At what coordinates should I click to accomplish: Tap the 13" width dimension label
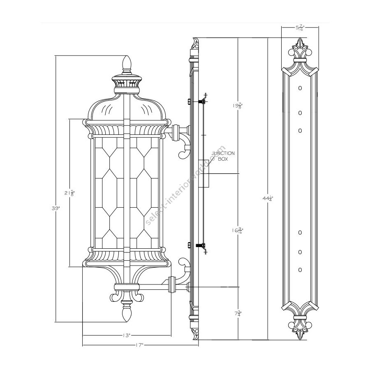tap(127, 335)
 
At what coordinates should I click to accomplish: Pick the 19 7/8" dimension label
tap(238, 106)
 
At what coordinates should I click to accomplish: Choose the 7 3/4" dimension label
tap(238, 314)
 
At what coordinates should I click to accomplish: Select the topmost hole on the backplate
tap(300, 88)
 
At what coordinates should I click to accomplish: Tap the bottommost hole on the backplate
tap(300, 270)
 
